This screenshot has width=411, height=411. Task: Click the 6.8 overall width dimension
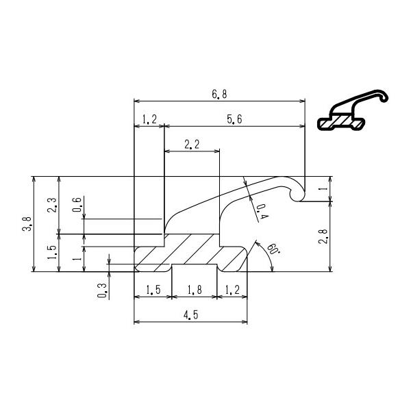[x=219, y=95]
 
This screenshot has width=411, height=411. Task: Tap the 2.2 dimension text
[x=192, y=145]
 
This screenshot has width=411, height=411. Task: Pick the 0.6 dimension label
[x=77, y=206]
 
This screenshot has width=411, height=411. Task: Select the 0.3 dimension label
[x=103, y=290]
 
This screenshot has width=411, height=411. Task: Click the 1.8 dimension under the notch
[x=195, y=290]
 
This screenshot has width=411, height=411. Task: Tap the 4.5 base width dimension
[x=192, y=315]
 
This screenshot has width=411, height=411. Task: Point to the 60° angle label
[x=273, y=249]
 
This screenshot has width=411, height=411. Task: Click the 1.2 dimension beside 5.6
[x=149, y=119]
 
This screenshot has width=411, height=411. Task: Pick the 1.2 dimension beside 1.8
[x=233, y=290]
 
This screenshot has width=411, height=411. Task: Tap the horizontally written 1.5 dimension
[x=152, y=290]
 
